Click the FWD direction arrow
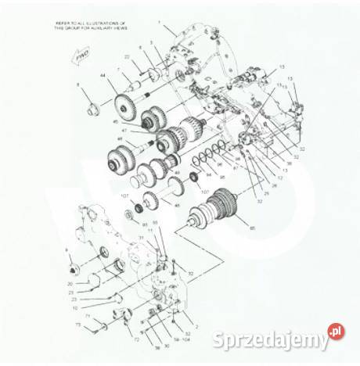click(78, 56)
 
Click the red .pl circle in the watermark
click(335, 332)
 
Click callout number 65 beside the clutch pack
click(251, 228)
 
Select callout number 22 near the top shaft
click(126, 57)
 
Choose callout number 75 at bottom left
click(77, 324)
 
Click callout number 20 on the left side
click(70, 283)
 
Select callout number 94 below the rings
click(209, 176)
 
